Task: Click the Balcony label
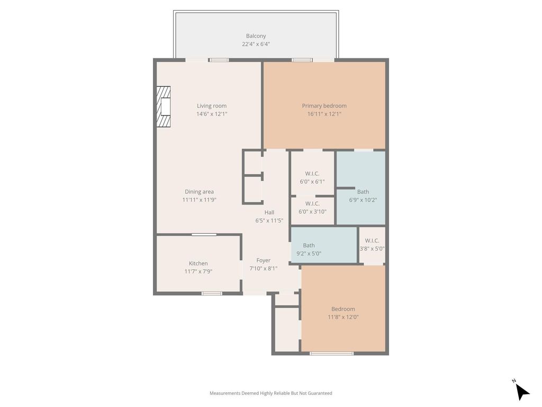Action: (x=256, y=36)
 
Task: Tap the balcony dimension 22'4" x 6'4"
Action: (x=256, y=44)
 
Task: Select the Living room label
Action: (x=212, y=106)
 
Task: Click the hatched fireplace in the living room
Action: (x=164, y=107)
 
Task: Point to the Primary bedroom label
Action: (x=324, y=106)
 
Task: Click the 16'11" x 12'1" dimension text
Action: (x=324, y=114)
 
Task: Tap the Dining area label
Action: (x=199, y=192)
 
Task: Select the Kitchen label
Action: (x=198, y=263)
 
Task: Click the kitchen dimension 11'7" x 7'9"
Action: (x=198, y=271)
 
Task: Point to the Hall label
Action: (x=269, y=213)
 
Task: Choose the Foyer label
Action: (x=264, y=260)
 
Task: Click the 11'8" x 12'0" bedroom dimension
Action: (x=343, y=317)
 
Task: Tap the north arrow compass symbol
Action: (x=522, y=391)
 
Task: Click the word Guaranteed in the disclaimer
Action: (x=319, y=393)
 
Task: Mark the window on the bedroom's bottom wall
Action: (x=331, y=353)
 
